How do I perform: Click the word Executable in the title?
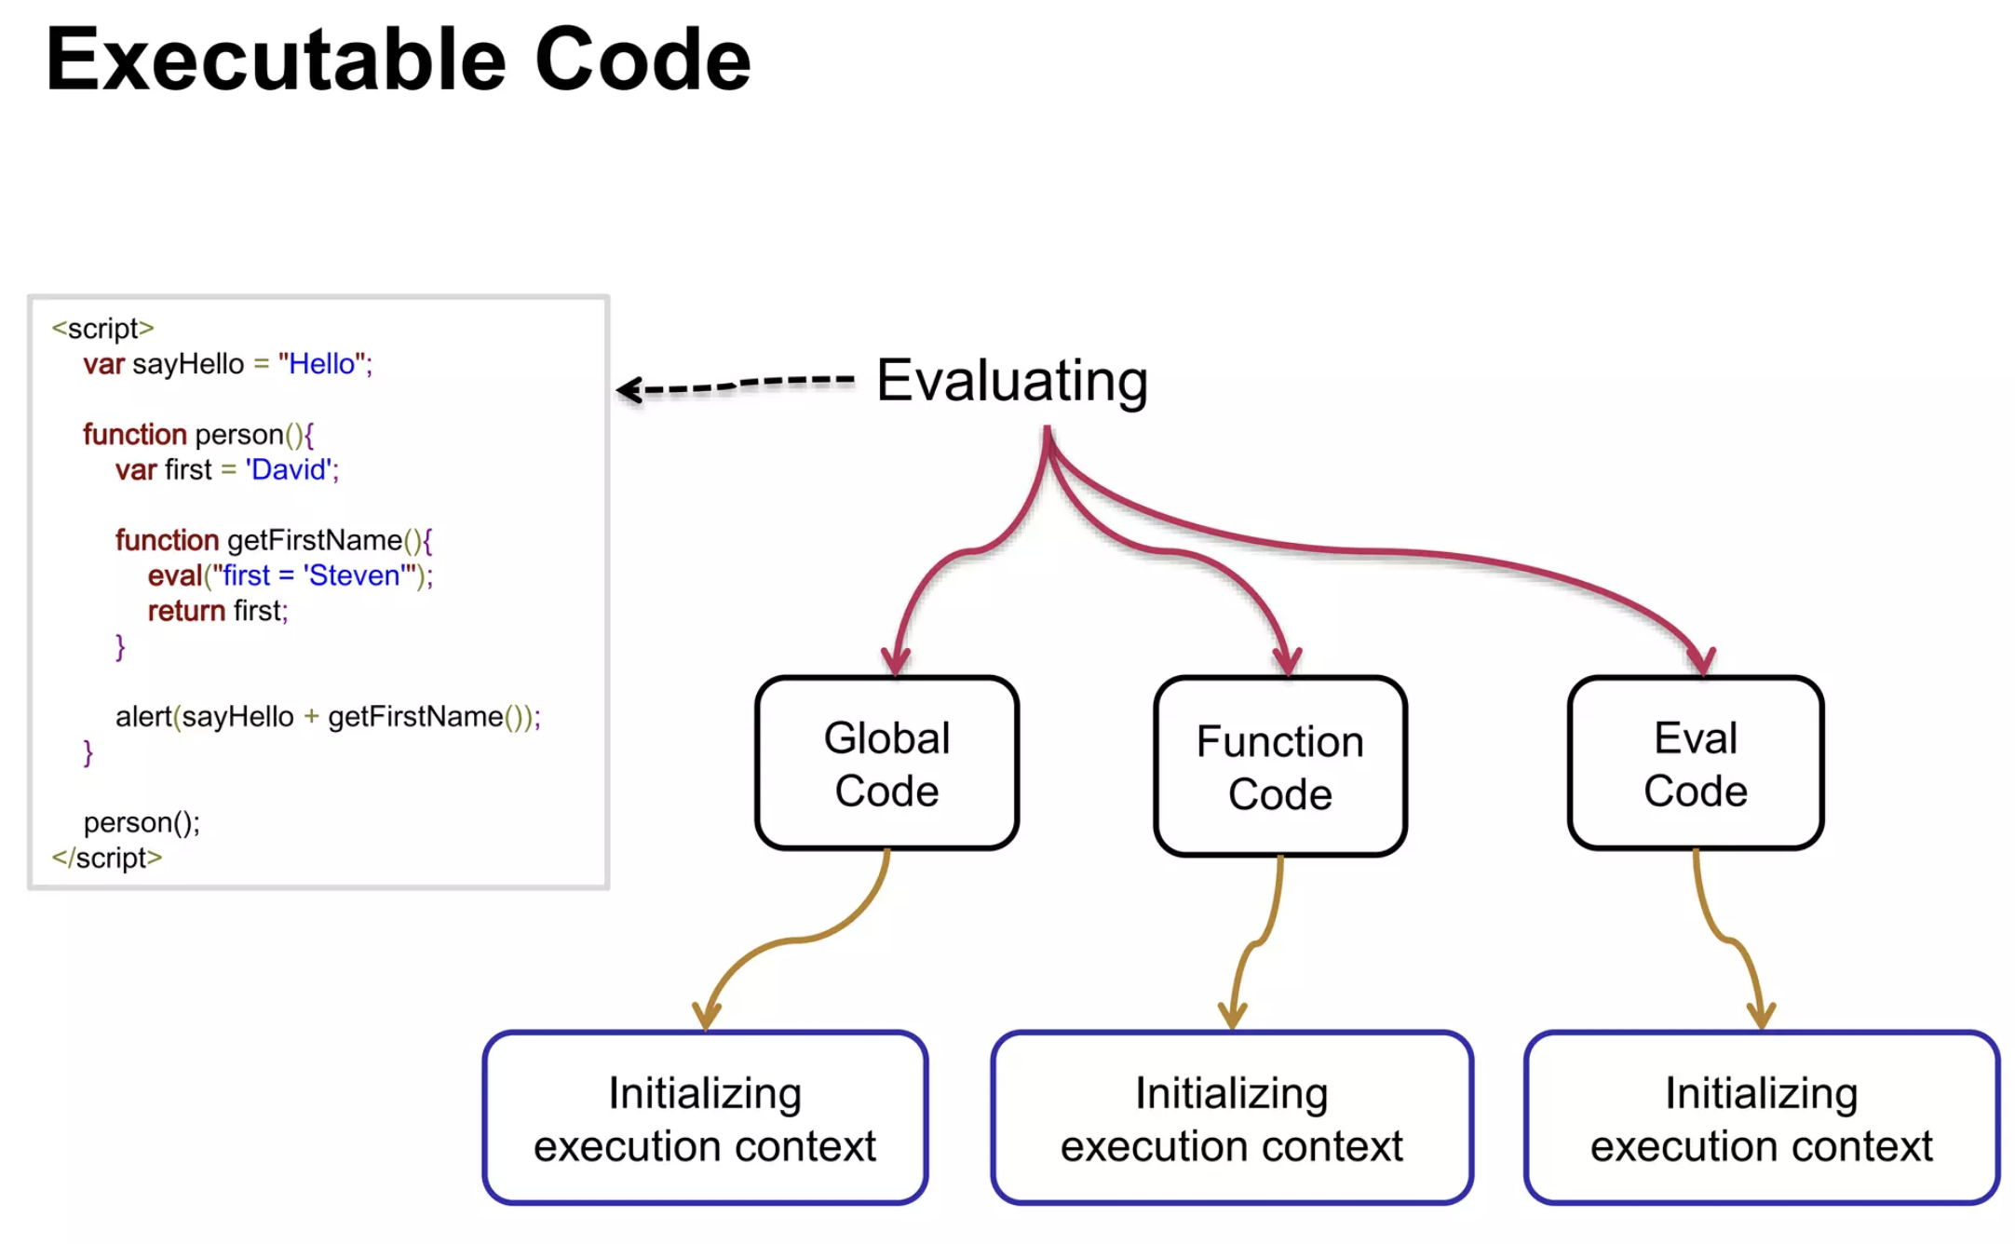(276, 59)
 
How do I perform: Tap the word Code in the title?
(642, 59)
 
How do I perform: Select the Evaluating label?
(1012, 382)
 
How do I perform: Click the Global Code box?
(887, 763)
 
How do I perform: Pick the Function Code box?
(1280, 765)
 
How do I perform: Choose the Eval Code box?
(1696, 763)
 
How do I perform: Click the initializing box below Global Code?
(705, 1117)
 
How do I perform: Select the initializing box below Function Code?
(1232, 1117)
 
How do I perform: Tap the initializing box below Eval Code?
(1762, 1117)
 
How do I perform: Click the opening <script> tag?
(102, 329)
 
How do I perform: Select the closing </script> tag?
(107, 858)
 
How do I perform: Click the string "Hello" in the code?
(321, 364)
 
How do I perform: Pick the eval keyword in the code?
(174, 575)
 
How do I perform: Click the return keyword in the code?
(186, 611)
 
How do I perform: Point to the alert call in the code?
(328, 717)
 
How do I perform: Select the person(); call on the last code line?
(142, 822)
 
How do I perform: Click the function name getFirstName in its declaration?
(315, 540)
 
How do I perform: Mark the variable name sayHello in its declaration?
(188, 364)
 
